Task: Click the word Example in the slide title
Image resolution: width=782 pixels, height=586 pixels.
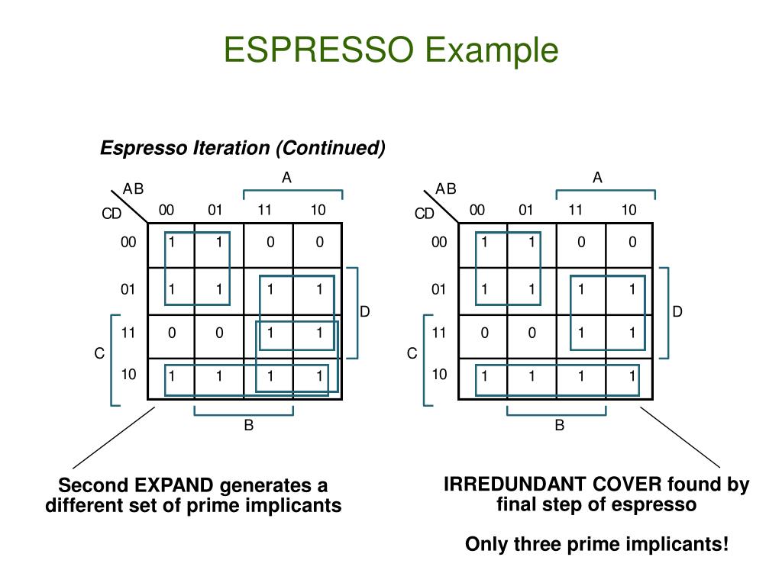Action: coord(492,50)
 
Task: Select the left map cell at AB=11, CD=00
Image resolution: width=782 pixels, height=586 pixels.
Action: coord(270,243)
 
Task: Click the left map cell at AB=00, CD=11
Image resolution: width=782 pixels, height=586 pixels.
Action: coord(172,333)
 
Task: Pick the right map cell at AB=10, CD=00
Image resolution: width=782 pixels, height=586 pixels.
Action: coord(632,243)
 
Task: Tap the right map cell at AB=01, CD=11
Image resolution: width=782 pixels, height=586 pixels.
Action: coord(532,333)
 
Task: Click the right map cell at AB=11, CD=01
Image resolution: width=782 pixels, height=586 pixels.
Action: coord(582,289)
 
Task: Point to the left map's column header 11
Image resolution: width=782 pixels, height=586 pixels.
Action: coord(265,210)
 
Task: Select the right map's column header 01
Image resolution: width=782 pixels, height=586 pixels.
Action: coord(525,210)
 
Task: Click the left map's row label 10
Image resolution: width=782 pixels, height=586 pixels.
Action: coord(128,375)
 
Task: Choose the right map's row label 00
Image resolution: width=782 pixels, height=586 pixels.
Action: coord(438,243)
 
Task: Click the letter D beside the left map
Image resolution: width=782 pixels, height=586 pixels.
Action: coord(365,311)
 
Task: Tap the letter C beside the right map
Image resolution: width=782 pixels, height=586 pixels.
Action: coord(412,354)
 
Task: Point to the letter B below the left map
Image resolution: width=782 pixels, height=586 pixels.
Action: coord(248,426)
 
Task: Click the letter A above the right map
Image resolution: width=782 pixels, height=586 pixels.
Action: coord(598,178)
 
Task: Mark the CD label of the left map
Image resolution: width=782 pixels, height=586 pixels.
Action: coord(111,214)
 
